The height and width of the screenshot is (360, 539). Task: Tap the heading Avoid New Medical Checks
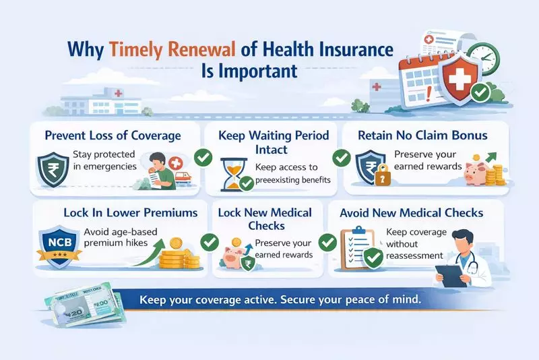pyautogui.click(x=412, y=212)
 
